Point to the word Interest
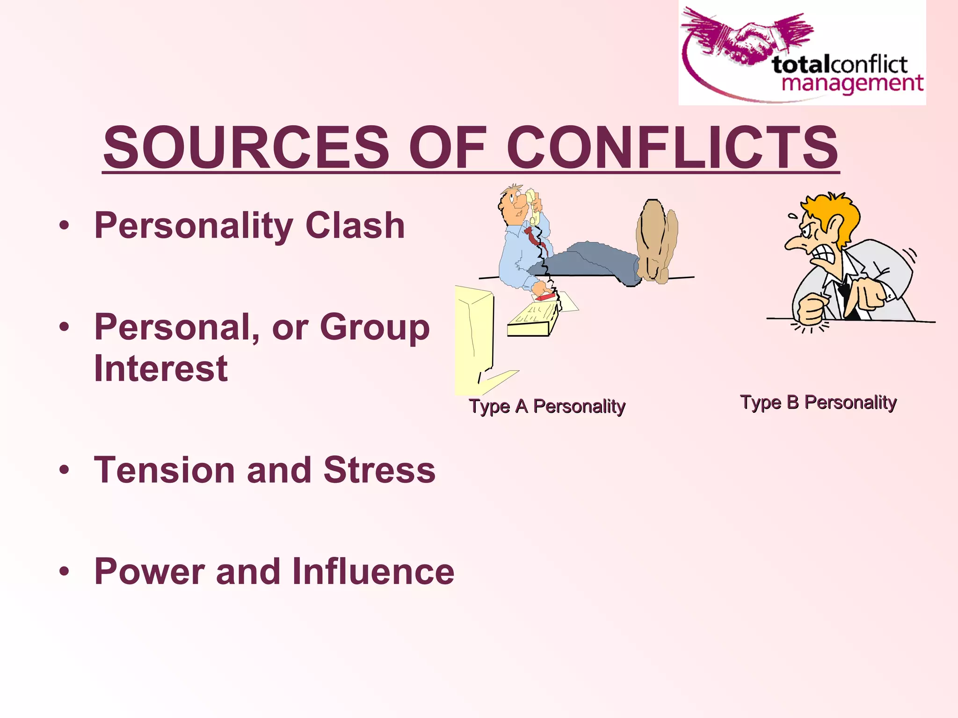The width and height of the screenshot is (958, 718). coord(161,368)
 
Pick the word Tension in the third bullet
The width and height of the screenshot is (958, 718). coord(164,470)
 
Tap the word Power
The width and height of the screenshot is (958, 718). coord(150,571)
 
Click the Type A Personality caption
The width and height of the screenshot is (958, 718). coord(547,406)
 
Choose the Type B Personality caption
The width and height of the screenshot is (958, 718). coord(818,402)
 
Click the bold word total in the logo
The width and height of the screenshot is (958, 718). coord(801,65)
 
